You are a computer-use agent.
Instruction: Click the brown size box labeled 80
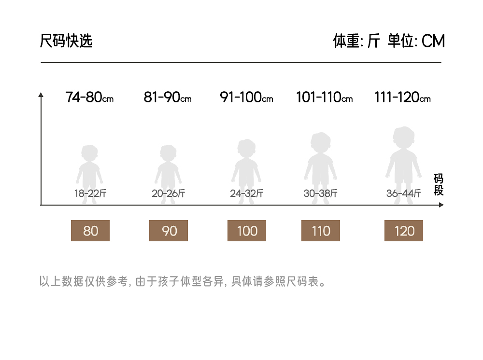(x=90, y=231)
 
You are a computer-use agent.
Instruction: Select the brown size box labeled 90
(x=169, y=231)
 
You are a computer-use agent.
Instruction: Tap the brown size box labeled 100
(x=247, y=231)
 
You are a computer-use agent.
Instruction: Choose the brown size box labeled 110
(x=321, y=231)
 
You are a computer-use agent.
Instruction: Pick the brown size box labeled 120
(x=404, y=231)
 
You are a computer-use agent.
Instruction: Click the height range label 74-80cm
(x=89, y=97)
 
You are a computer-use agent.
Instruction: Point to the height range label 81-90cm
(x=168, y=97)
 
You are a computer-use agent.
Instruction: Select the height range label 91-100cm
(x=246, y=97)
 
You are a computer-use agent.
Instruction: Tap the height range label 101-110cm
(x=324, y=97)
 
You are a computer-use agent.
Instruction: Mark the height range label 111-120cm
(x=402, y=97)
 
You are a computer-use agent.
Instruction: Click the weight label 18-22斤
(x=90, y=194)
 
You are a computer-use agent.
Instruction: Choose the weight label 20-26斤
(x=169, y=194)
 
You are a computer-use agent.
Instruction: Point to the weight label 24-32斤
(x=247, y=194)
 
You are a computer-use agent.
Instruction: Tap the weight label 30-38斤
(x=321, y=194)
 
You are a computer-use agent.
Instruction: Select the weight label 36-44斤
(x=404, y=194)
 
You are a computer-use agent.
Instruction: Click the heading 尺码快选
(x=66, y=42)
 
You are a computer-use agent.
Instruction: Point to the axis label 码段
(x=439, y=185)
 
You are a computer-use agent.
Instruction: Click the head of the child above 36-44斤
(x=403, y=138)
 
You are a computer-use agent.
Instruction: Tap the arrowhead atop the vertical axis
(x=41, y=95)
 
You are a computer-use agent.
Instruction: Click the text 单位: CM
(x=416, y=42)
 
